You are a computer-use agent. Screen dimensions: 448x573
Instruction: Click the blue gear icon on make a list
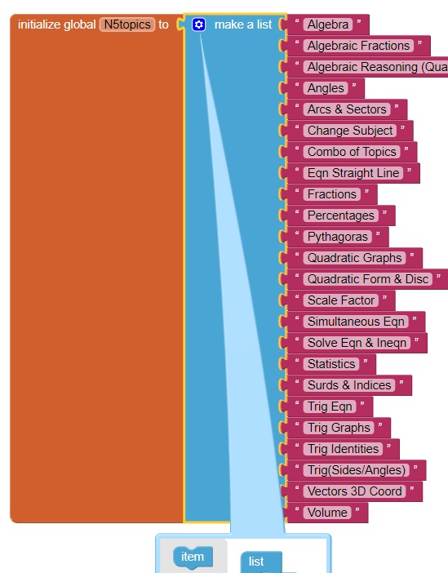[199, 24]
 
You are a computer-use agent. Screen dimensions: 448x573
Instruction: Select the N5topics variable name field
[127, 24]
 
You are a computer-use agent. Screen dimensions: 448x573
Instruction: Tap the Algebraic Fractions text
[358, 46]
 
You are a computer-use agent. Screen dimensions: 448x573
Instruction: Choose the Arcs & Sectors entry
[347, 109]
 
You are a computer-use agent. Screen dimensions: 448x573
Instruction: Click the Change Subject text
[350, 131]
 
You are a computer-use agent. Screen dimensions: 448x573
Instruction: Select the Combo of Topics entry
[352, 152]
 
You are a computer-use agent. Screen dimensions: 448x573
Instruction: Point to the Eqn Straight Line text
[353, 173]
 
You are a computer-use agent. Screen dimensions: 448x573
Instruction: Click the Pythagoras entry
[338, 237]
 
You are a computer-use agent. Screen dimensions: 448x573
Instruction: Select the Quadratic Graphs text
[354, 258]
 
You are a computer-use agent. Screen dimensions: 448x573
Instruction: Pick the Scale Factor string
[341, 300]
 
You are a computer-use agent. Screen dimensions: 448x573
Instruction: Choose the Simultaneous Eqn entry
[356, 322]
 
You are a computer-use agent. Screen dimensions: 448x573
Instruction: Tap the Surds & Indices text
[349, 384]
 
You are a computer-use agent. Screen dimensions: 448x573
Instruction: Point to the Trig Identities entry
[343, 448]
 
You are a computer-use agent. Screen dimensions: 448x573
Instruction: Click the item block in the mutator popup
[193, 557]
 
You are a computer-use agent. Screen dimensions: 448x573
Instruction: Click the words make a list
[243, 24]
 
